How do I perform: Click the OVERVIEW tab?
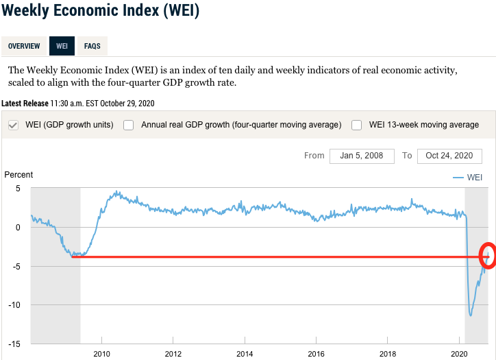click(24, 46)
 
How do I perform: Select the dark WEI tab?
click(62, 46)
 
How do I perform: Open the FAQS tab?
click(92, 46)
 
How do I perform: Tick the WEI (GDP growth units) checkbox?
click(13, 125)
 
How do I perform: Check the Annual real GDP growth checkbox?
click(128, 125)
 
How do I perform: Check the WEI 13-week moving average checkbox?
click(356, 125)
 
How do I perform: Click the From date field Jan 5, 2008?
click(362, 156)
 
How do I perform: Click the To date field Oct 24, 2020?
click(449, 156)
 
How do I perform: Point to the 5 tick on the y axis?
click(18, 189)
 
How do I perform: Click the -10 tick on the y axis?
click(15, 305)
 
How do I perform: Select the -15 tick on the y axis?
click(15, 344)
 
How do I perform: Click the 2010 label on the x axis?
click(101, 355)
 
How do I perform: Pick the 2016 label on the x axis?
click(315, 355)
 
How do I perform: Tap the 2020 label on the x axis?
click(458, 355)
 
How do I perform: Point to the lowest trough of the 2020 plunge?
click(471, 315)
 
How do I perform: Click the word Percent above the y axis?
click(18, 175)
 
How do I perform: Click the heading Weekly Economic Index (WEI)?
click(99, 12)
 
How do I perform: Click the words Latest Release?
click(25, 104)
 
